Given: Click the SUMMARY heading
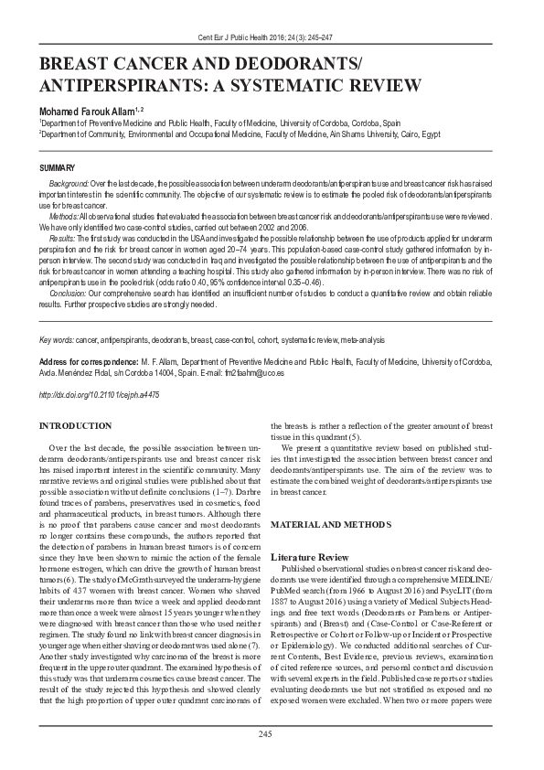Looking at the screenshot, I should [x=59, y=169].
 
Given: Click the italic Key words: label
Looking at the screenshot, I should [x=58, y=340].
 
